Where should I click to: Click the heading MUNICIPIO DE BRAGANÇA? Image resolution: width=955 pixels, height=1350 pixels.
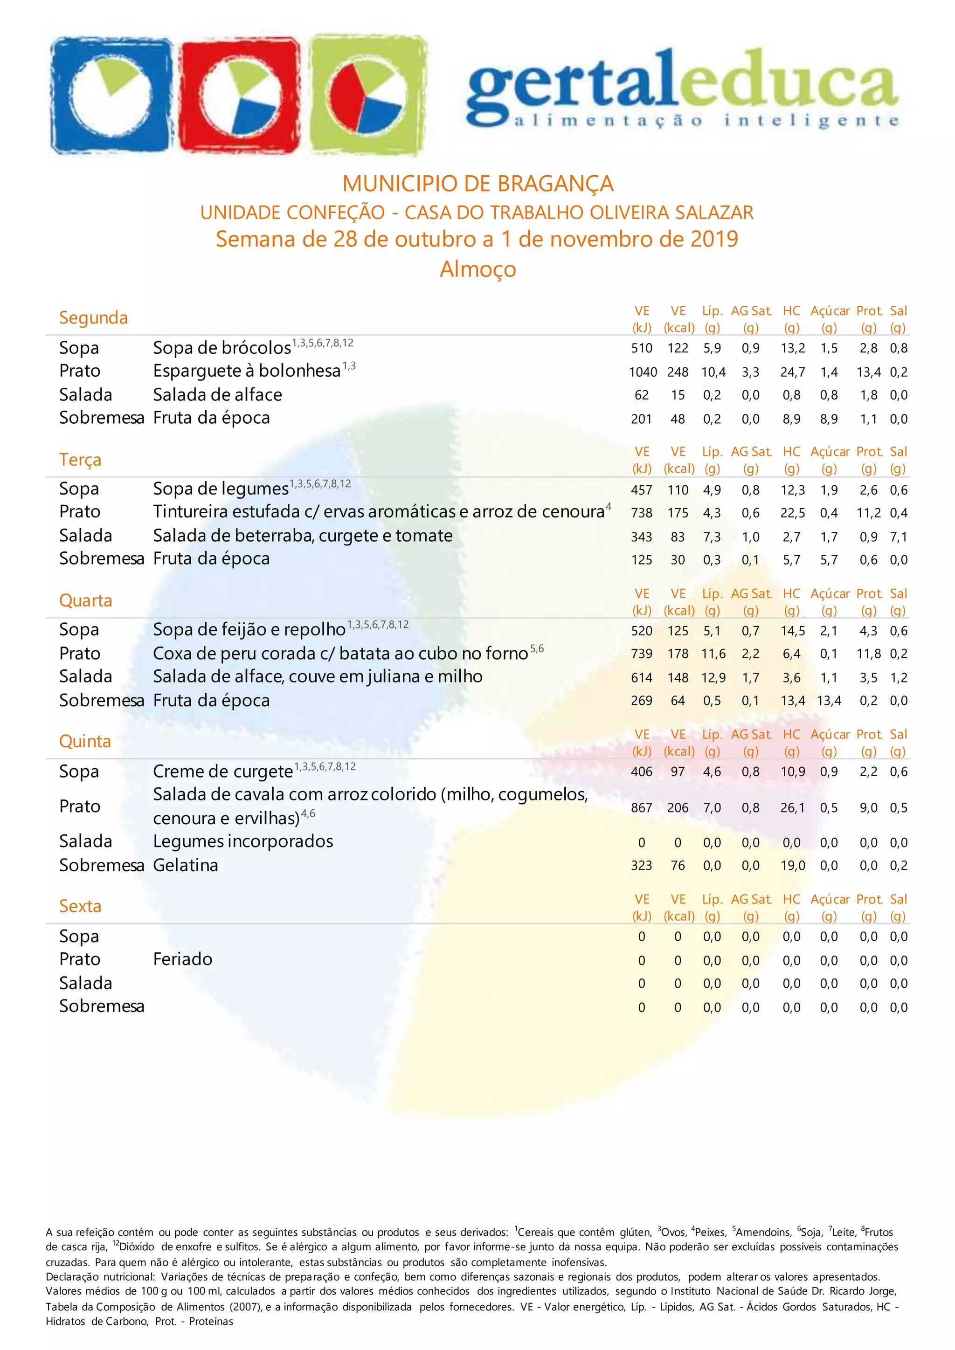click(x=477, y=184)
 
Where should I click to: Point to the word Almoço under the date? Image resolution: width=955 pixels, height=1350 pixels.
click(x=477, y=269)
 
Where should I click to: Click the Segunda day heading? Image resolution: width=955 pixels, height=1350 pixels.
click(x=93, y=318)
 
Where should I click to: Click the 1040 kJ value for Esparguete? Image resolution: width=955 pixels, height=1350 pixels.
click(x=642, y=372)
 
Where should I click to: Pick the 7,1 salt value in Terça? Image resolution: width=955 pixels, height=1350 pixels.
click(x=898, y=537)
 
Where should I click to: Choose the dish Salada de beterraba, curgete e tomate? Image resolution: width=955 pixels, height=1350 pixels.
click(x=302, y=536)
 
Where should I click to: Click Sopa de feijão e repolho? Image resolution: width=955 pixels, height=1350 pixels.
click(x=249, y=630)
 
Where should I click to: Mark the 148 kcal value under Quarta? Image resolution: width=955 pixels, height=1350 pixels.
click(x=678, y=678)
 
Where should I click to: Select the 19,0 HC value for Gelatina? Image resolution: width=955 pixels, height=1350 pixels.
click(x=792, y=866)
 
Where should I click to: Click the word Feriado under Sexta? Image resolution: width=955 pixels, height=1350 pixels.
click(x=182, y=959)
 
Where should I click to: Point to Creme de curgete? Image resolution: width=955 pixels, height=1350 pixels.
click(x=222, y=771)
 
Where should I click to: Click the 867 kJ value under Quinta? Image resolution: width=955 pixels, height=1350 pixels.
click(x=641, y=808)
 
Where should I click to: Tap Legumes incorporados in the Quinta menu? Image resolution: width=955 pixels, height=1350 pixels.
click(x=242, y=842)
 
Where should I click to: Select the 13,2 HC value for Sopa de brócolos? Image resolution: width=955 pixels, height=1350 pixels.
click(x=792, y=349)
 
